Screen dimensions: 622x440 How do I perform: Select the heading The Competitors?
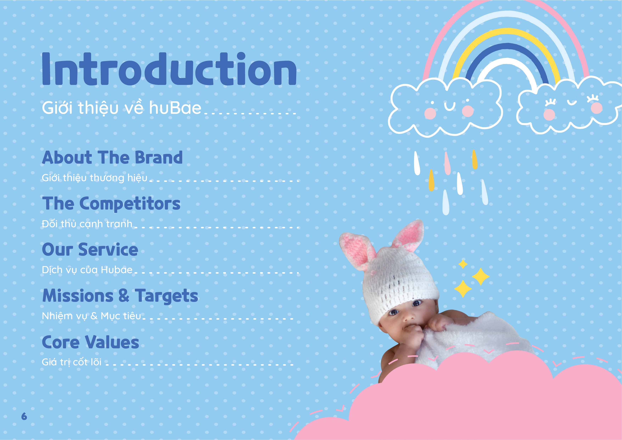point(111,204)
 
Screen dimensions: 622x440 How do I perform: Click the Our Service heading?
point(90,250)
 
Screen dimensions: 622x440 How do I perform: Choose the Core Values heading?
point(90,342)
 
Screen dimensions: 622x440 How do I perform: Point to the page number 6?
point(24,416)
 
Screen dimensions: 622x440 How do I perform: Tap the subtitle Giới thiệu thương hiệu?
point(94,178)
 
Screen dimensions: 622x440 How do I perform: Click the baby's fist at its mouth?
point(413,336)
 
